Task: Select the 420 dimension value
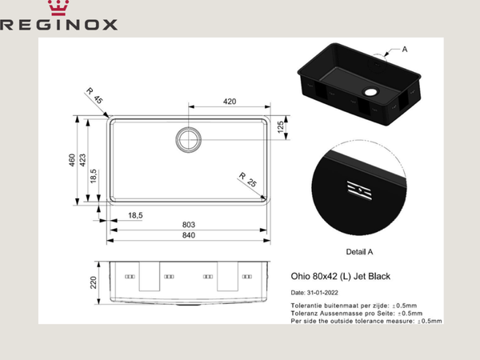point(230,102)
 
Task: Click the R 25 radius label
point(246,180)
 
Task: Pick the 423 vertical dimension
point(82,163)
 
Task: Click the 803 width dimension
point(189,225)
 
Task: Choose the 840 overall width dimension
point(189,237)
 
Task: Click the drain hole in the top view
point(190,140)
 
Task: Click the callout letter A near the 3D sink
point(404,50)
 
